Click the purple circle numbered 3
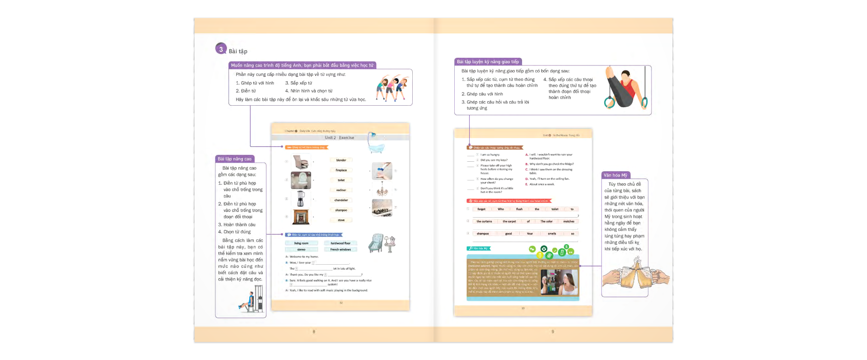click(221, 49)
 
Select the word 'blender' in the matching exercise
click(341, 160)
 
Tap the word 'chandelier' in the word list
click(341, 200)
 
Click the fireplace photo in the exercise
click(301, 217)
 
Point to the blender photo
click(300, 198)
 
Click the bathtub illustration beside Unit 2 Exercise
click(375, 143)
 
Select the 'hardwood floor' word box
click(340, 243)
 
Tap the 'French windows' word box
click(340, 249)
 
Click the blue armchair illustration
click(376, 243)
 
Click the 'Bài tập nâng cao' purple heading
click(235, 159)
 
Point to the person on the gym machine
click(251, 300)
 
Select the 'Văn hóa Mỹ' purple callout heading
click(615, 175)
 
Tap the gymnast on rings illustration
click(625, 89)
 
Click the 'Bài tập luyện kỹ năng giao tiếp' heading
click(488, 62)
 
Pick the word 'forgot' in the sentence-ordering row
click(481, 209)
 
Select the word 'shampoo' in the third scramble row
click(483, 234)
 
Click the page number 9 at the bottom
click(553, 332)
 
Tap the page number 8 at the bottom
click(314, 332)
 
